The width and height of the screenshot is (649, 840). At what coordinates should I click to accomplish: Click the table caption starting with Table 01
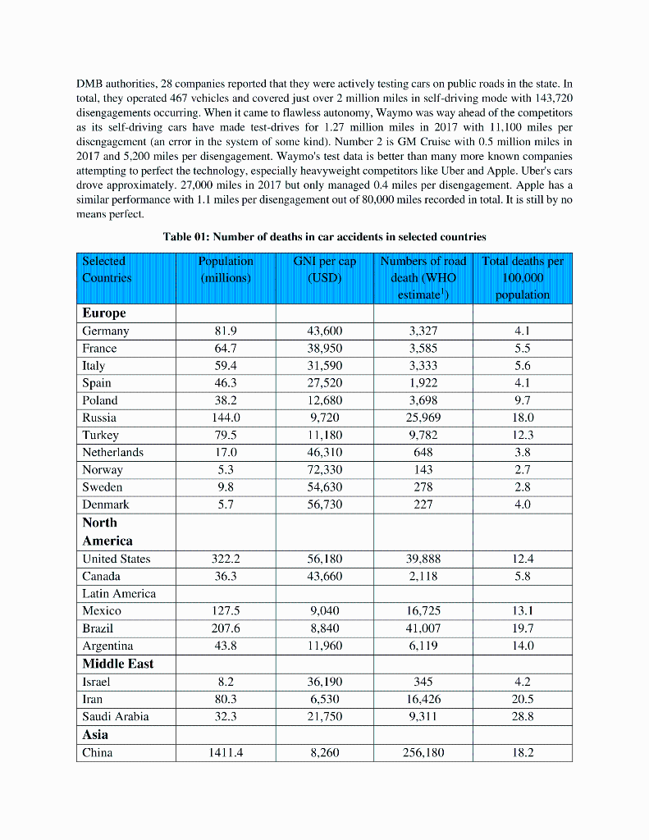[x=324, y=237]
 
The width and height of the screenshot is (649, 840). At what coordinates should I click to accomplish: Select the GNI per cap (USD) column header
[x=324, y=269]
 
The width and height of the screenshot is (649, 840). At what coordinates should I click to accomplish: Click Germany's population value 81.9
[x=226, y=331]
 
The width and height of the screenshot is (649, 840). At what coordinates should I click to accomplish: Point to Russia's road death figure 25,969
[x=423, y=418]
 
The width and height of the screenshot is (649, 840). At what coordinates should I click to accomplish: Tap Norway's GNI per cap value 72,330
[x=324, y=470]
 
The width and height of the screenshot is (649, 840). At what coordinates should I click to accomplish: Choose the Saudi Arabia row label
[x=116, y=716]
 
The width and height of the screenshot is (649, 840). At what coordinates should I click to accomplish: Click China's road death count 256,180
[x=423, y=752]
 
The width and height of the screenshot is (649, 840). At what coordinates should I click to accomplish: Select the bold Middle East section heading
[x=117, y=664]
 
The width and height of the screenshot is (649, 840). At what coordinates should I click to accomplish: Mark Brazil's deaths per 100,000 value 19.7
[x=522, y=628]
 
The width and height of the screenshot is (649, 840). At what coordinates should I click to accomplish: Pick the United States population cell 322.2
[x=226, y=559]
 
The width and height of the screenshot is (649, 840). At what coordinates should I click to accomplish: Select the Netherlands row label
[x=112, y=452]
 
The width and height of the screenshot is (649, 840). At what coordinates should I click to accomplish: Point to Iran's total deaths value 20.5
[x=522, y=699]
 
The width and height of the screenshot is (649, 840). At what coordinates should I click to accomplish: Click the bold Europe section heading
[x=104, y=313]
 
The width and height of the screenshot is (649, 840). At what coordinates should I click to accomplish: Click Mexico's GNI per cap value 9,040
[x=324, y=610]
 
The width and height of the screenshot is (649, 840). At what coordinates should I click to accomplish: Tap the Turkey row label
[x=100, y=435]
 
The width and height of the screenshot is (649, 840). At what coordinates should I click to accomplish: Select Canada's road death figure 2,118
[x=423, y=576]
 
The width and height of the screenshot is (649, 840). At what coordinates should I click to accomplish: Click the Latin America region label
[x=119, y=593]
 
